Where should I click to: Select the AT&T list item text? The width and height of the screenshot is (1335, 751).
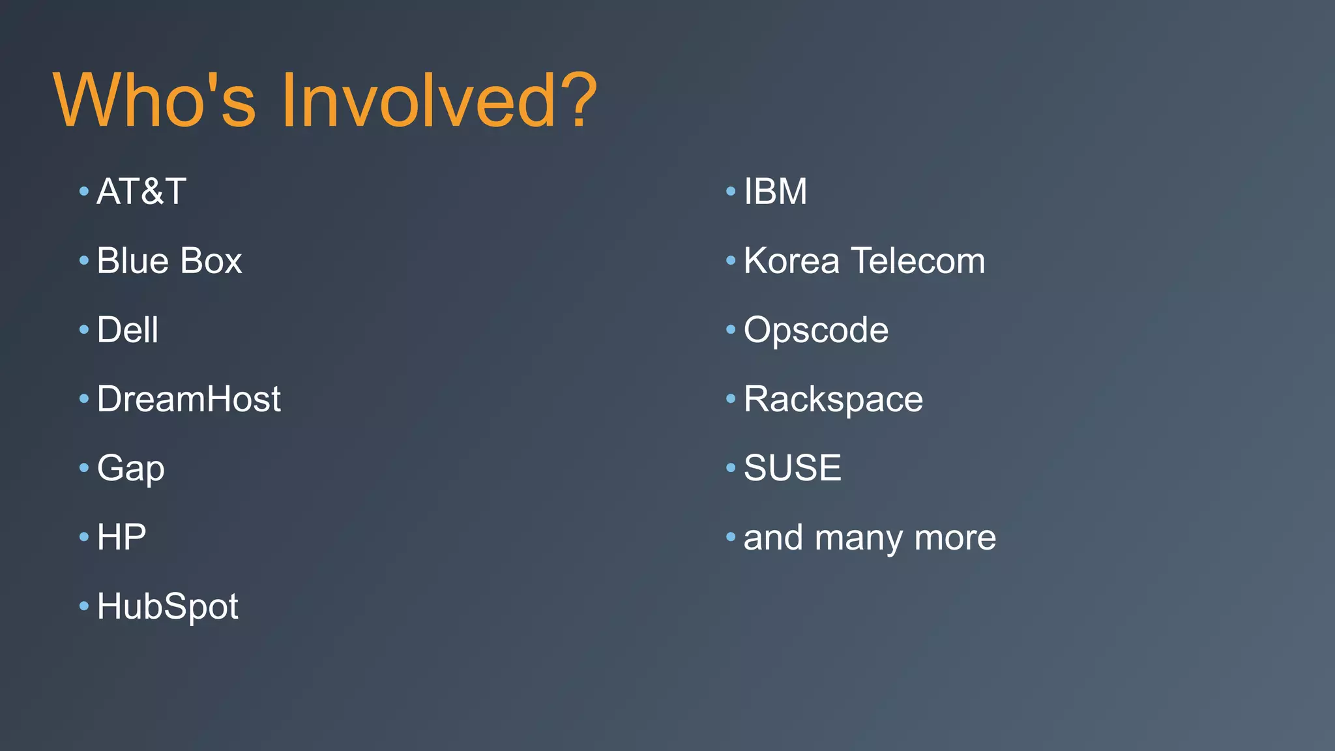coord(141,192)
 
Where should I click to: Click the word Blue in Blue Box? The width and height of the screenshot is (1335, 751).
coord(133,261)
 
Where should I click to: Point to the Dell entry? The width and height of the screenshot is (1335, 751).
coord(128,330)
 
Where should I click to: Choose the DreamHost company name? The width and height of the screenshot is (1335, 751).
coord(188,399)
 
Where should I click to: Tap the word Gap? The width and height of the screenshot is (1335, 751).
coord(130,469)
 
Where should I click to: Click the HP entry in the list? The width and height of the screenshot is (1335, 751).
coord(121,537)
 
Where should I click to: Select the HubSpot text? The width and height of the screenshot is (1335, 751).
coord(168,607)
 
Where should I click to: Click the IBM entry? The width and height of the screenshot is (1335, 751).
coord(775,192)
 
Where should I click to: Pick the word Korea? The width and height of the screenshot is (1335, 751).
coord(791,261)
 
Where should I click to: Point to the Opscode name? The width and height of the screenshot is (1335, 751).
coord(815,331)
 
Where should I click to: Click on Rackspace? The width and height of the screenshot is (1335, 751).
coord(833,400)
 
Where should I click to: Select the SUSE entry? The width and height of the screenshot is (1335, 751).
coord(792,468)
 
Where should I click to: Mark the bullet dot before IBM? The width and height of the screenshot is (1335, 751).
coord(731,192)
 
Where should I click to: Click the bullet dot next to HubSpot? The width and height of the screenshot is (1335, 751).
coord(83,606)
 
